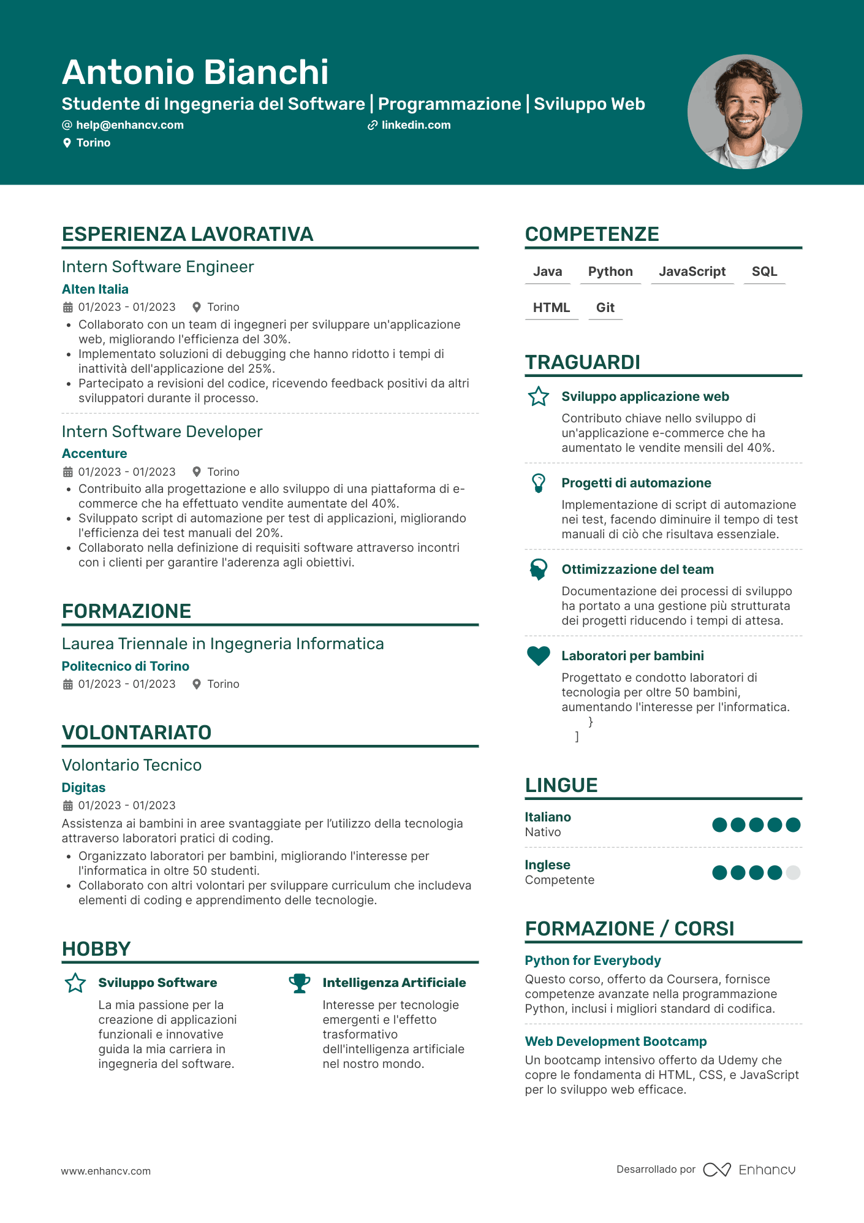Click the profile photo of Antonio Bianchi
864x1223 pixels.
click(x=745, y=112)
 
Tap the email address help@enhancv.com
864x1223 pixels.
click(x=129, y=125)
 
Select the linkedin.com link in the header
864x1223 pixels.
click(x=415, y=125)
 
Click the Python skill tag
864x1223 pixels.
click(x=610, y=272)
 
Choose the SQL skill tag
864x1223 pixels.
click(x=764, y=272)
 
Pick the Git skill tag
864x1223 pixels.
click(x=605, y=308)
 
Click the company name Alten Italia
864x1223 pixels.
click(x=95, y=289)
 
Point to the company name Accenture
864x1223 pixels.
click(x=94, y=454)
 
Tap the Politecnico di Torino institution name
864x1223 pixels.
click(x=125, y=666)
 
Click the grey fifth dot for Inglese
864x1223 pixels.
click(x=793, y=872)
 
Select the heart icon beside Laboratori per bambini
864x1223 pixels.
click(x=539, y=656)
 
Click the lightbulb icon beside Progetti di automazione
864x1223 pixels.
click(x=539, y=483)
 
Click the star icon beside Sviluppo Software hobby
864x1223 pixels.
click(x=75, y=983)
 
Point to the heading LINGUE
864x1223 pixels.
click(x=561, y=785)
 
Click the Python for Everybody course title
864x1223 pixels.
click(x=593, y=961)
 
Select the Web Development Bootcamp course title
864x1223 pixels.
click(x=615, y=1042)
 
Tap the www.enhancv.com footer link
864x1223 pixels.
click(x=105, y=1171)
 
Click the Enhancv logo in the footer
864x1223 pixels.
click(x=749, y=1170)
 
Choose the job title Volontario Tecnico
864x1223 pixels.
click(x=132, y=765)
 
